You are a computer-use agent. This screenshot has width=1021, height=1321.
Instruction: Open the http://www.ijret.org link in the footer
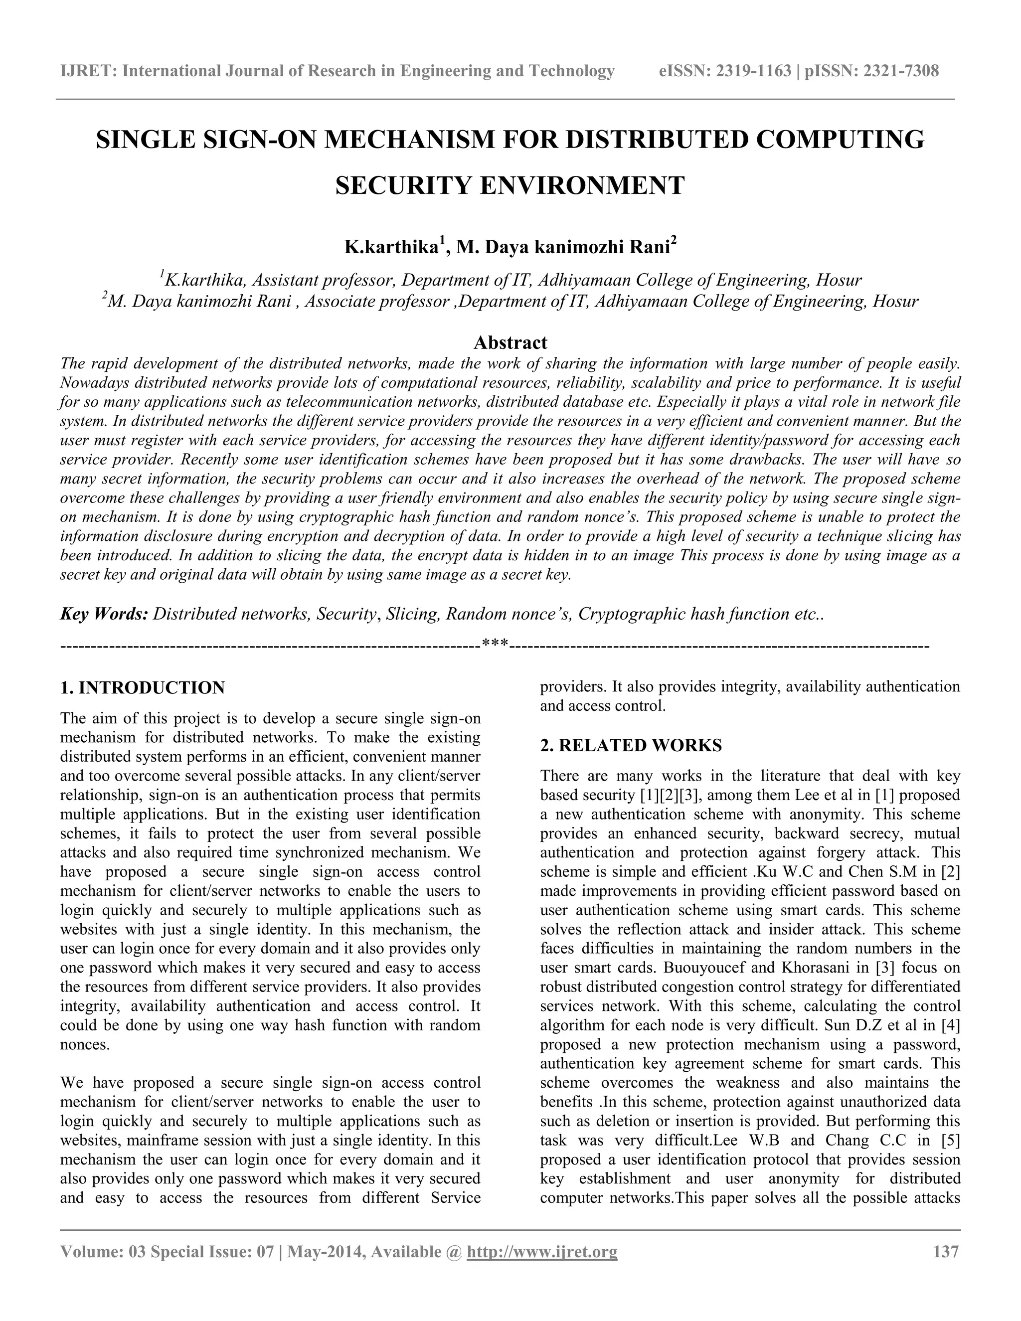tap(542, 1251)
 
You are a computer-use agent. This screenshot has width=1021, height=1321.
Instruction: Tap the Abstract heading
tap(510, 342)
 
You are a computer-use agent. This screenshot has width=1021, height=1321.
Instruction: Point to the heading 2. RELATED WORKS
tap(630, 745)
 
